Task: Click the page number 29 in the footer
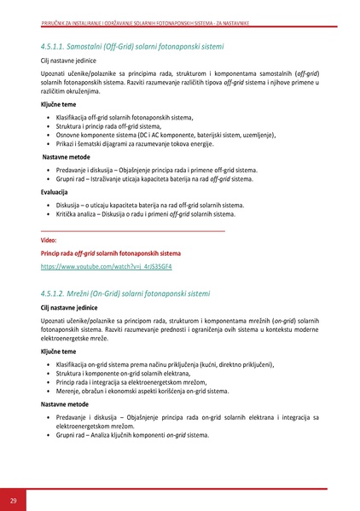14,499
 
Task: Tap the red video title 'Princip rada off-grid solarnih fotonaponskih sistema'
111,254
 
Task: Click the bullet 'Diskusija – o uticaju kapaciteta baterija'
149,205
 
